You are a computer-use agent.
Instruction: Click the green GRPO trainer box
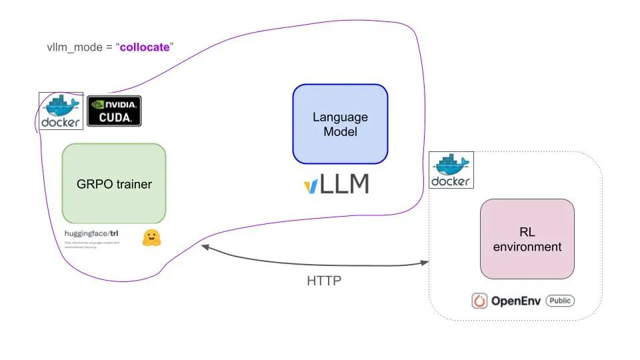coord(113,183)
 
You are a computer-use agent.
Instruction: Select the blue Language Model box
coord(340,124)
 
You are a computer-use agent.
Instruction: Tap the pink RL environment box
coord(527,239)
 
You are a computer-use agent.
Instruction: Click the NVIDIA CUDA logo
coord(115,111)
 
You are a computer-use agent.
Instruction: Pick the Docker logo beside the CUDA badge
coord(61,111)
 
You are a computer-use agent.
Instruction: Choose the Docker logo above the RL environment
coord(450,169)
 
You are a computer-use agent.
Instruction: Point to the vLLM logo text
coord(336,185)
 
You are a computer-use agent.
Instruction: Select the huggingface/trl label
coord(91,233)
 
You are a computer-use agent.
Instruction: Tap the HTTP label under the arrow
coord(324,281)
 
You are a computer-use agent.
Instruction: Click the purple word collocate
coord(145,48)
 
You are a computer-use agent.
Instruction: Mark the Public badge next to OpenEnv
coord(560,301)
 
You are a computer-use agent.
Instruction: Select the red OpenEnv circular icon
coord(479,301)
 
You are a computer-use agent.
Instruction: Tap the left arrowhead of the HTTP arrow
coord(205,247)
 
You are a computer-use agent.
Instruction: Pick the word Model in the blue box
coord(340,131)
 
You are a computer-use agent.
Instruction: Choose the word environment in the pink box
coord(527,247)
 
